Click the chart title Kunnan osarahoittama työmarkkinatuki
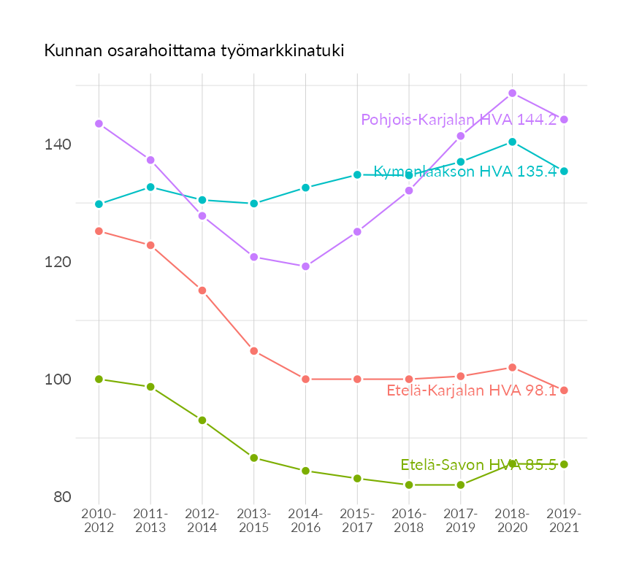point(194,51)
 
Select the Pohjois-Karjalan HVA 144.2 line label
point(459,120)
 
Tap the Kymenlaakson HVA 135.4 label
point(465,172)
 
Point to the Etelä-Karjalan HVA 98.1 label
point(471,390)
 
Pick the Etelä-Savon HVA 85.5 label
point(478,464)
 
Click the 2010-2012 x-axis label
point(99,521)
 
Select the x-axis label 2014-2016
point(305,521)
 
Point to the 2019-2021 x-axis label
point(564,521)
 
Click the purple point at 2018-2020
point(513,93)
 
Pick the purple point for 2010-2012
point(99,124)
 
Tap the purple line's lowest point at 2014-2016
point(305,266)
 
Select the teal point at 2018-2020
point(513,142)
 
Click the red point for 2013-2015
point(254,351)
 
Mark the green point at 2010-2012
point(99,379)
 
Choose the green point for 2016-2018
point(409,485)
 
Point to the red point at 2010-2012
point(99,231)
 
